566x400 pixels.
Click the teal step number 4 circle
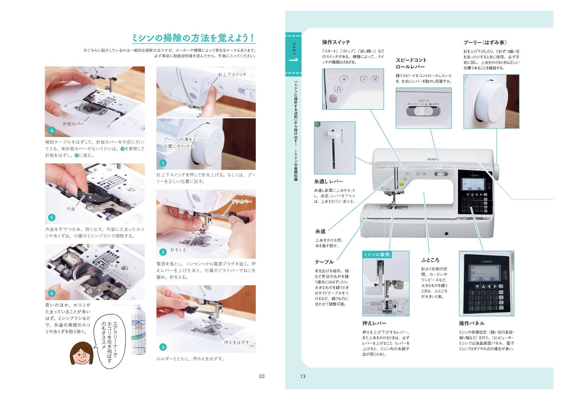[52, 130]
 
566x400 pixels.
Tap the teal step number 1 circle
[163, 163]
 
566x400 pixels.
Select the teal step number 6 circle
[52, 293]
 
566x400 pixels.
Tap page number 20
[262, 376]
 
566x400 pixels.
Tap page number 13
[303, 376]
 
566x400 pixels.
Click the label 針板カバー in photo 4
[73, 124]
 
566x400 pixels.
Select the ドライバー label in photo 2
[241, 202]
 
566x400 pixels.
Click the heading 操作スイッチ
[336, 42]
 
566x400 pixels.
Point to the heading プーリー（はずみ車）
[485, 43]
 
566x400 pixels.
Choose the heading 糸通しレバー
[329, 181]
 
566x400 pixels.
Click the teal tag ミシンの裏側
[376, 255]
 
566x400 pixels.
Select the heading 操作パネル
[472, 323]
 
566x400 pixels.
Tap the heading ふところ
[430, 260]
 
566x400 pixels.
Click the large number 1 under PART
[293, 61]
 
